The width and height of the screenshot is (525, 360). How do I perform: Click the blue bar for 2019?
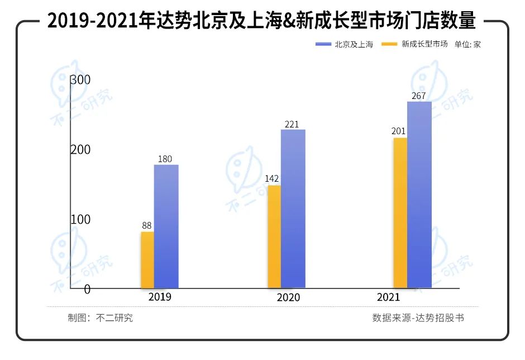(166, 226)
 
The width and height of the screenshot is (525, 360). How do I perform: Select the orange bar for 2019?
(147, 260)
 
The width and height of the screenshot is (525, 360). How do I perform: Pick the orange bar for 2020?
(274, 236)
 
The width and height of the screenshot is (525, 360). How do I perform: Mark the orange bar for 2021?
(400, 213)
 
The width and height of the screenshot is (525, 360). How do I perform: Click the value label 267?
(418, 96)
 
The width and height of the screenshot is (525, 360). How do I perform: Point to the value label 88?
(147, 225)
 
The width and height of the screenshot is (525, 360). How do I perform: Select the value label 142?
(272, 179)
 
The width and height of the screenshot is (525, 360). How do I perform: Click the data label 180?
(165, 159)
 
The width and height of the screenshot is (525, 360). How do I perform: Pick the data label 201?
(398, 131)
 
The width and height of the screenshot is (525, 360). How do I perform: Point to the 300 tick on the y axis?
(80, 80)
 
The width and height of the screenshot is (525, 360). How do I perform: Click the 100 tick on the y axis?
(80, 219)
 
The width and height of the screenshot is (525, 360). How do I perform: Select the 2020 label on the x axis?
(288, 297)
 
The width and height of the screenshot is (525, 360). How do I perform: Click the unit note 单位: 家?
(467, 44)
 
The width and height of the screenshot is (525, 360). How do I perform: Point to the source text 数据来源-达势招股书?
(418, 318)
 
